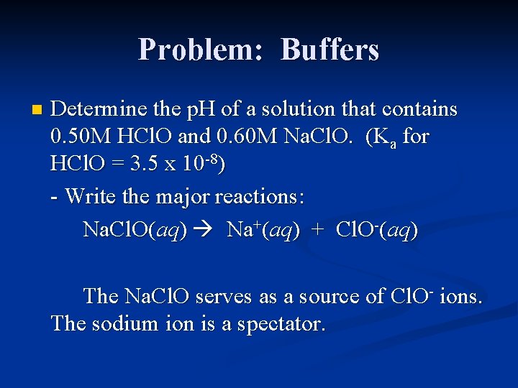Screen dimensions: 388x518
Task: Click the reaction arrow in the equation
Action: tap(205, 230)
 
